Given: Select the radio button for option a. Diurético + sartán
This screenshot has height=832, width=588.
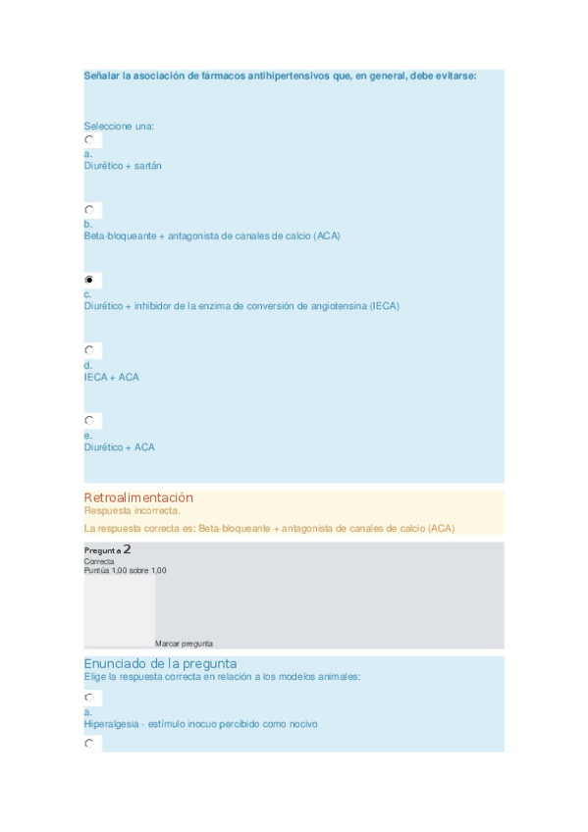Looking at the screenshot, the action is pyautogui.click(x=88, y=140).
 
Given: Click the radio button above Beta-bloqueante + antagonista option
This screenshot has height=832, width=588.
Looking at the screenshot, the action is pyautogui.click(x=88, y=210).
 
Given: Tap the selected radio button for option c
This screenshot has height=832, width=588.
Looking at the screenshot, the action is pyautogui.click(x=88, y=281).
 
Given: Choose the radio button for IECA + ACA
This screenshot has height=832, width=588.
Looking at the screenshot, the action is pyautogui.click(x=88, y=350).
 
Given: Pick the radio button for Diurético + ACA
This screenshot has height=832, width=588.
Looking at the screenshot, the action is pyautogui.click(x=88, y=421).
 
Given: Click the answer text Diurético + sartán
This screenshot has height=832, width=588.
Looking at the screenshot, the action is pyautogui.click(x=123, y=166).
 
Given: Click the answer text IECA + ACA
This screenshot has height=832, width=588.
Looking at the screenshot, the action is pyautogui.click(x=111, y=377).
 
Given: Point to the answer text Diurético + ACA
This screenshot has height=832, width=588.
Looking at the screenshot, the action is pyautogui.click(x=119, y=447).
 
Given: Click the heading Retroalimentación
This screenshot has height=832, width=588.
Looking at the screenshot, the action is pyautogui.click(x=138, y=497).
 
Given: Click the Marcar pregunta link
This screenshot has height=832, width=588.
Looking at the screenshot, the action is pyautogui.click(x=184, y=644).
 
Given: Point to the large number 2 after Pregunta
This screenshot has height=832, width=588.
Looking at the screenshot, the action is pyautogui.click(x=128, y=550).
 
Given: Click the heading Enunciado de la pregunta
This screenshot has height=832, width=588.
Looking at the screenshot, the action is pyautogui.click(x=160, y=663).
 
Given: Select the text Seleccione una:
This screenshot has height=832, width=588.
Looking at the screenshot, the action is pyautogui.click(x=119, y=126).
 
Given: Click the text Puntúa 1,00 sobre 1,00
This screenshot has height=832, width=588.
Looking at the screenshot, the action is pyautogui.click(x=125, y=570).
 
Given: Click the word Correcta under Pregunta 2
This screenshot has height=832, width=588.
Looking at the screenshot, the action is pyautogui.click(x=99, y=561).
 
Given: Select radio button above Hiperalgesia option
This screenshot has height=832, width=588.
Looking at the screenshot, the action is pyautogui.click(x=88, y=698).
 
